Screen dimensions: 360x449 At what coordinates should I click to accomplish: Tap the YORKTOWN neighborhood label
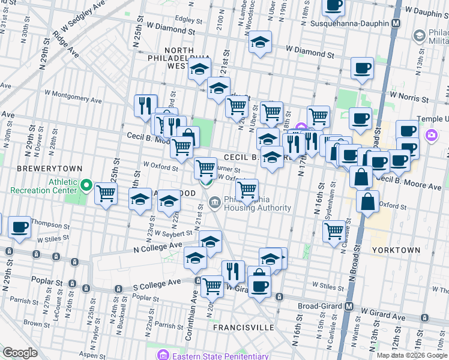(396, 250)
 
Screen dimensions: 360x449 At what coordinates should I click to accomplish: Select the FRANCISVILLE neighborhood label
(244, 328)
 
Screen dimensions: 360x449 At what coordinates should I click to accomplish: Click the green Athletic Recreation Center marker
(86, 186)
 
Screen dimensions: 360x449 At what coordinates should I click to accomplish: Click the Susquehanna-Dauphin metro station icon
(396, 23)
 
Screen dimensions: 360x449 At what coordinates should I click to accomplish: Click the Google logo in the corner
(20, 352)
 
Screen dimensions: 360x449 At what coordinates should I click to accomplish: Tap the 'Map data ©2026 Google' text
(411, 355)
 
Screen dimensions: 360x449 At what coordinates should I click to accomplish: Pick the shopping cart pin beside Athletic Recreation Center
(106, 194)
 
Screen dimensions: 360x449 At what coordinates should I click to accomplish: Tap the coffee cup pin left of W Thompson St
(20, 227)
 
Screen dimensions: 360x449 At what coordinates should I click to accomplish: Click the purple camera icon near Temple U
(431, 135)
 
